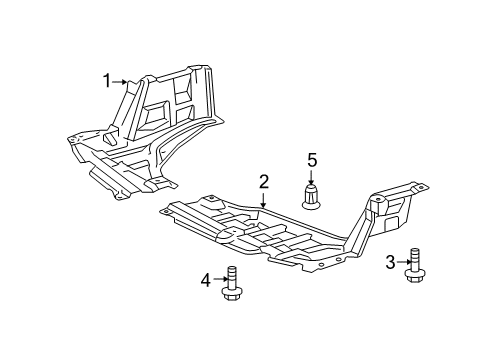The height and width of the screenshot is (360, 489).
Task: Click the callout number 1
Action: point(107,81)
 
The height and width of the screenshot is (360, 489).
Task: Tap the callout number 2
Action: point(263,182)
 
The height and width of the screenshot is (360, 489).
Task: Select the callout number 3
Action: point(390,262)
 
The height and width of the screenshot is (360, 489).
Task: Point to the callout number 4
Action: point(206,280)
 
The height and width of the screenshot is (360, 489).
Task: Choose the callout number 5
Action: point(312,160)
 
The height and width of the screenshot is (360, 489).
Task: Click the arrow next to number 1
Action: point(120,82)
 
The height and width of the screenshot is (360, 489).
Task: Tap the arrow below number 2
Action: point(263,200)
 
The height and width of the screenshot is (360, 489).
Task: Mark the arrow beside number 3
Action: point(405,262)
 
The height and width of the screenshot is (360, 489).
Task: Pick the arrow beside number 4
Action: point(221,279)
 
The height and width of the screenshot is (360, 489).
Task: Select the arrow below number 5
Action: point(311,177)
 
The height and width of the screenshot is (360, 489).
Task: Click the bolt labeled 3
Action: point(415,265)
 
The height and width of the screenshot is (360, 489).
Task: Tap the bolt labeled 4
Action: point(231,283)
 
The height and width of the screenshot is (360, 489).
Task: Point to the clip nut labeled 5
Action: point(311,197)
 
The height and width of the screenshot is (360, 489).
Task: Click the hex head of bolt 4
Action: point(231,294)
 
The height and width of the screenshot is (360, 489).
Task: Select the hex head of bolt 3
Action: point(415,276)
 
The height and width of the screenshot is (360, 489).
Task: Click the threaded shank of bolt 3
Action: point(415,259)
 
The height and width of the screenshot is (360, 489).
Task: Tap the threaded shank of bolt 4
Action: point(231,277)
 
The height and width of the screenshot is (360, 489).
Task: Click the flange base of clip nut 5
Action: point(311,206)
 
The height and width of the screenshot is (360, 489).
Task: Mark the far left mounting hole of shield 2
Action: point(164,212)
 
